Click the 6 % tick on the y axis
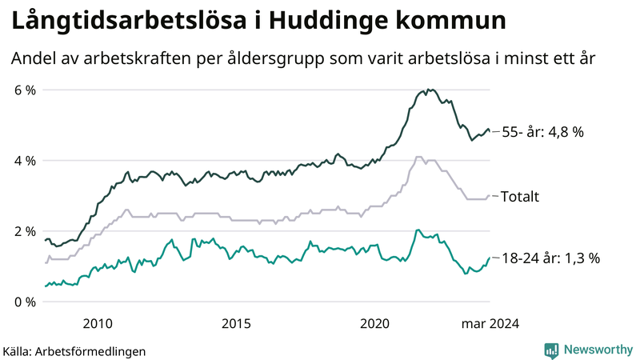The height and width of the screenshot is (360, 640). (24, 90)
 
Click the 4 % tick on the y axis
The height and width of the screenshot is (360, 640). (24, 161)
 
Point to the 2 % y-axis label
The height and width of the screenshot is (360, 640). (24, 231)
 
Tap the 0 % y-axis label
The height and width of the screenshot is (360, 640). (24, 302)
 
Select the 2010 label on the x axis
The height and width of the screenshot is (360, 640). (97, 323)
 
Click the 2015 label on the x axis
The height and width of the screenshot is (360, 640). (236, 323)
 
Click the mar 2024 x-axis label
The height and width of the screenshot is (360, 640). (490, 323)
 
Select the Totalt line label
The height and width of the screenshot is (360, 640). (520, 196)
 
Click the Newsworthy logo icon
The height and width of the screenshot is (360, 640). (551, 349)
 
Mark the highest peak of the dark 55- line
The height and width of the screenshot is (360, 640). (429, 89)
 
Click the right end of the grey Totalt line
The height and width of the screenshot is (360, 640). (490, 195)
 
